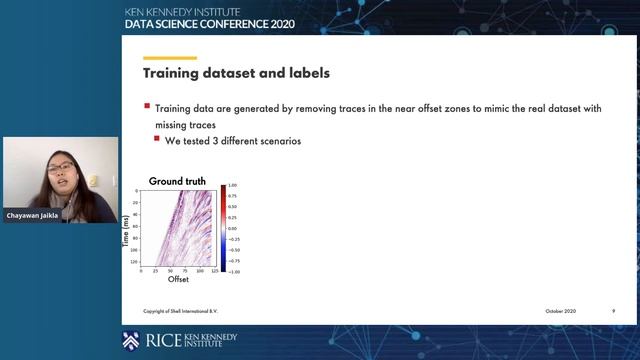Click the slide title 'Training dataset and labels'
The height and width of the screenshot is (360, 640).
click(x=236, y=73)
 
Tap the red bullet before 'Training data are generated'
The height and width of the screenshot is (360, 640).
click(x=147, y=105)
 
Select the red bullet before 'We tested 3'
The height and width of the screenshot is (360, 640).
click(x=157, y=140)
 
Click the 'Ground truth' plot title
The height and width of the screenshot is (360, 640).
click(x=177, y=180)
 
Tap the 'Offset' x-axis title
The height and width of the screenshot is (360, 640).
click(x=178, y=279)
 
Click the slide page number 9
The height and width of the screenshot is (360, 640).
click(x=613, y=311)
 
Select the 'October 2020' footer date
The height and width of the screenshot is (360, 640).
click(x=562, y=311)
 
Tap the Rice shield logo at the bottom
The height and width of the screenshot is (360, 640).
click(x=131, y=340)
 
